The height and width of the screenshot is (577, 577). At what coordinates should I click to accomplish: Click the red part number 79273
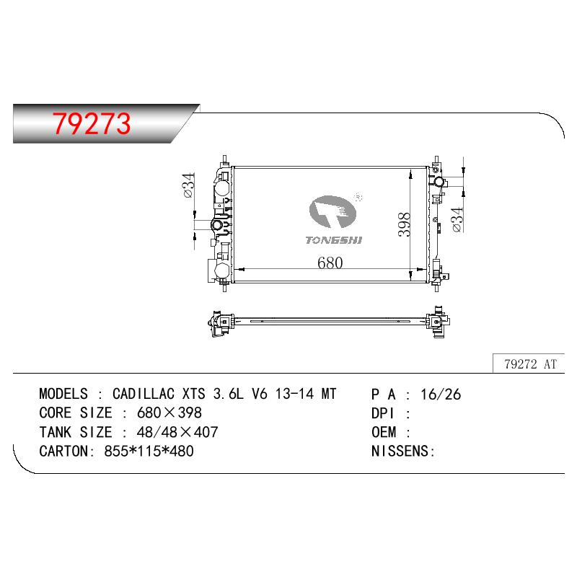pyautogui.click(x=92, y=123)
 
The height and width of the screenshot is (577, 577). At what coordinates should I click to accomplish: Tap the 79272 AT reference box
pyautogui.click(x=529, y=364)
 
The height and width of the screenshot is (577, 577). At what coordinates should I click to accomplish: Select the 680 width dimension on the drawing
pyautogui.click(x=330, y=263)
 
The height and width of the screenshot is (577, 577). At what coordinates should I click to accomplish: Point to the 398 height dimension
pyautogui.click(x=404, y=224)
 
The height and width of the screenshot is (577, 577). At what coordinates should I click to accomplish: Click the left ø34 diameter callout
pyautogui.click(x=189, y=185)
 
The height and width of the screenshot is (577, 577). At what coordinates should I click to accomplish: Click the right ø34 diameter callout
pyautogui.click(x=457, y=219)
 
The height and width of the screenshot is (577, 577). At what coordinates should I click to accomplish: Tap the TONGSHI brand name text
pyautogui.click(x=334, y=240)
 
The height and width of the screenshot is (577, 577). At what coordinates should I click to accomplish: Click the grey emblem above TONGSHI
pyautogui.click(x=332, y=211)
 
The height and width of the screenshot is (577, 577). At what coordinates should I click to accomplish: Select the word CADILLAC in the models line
pyautogui.click(x=144, y=394)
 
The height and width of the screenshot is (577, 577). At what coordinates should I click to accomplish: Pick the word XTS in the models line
pyautogui.click(x=193, y=394)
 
